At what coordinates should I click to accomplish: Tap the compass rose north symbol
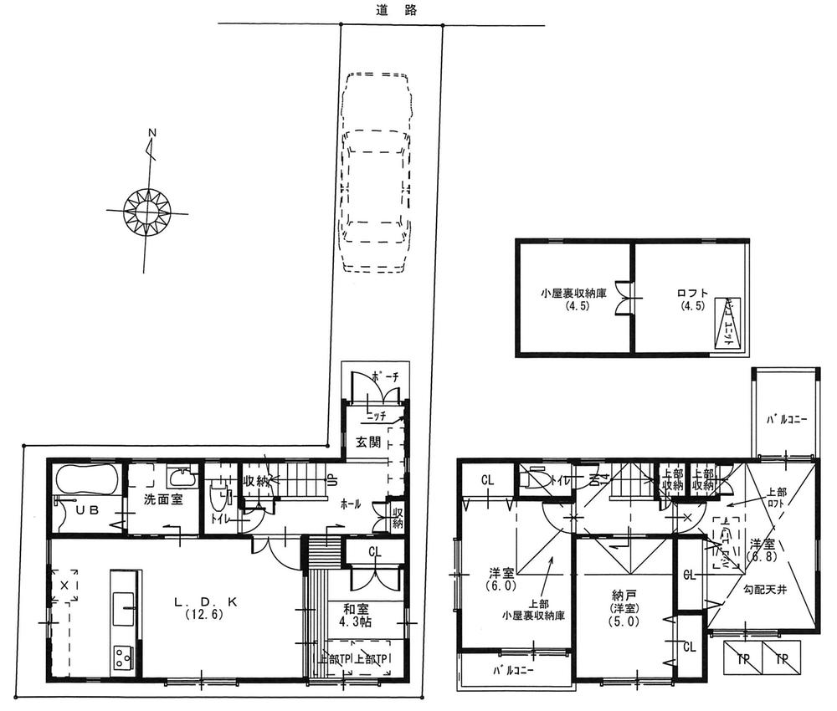tap(147, 206)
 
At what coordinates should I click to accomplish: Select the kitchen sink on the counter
tap(122, 600)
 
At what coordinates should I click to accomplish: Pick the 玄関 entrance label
tap(362, 441)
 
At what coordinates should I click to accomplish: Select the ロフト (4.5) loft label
tap(692, 299)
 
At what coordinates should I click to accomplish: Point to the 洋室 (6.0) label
tap(502, 580)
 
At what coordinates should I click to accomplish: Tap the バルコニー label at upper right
tap(786, 420)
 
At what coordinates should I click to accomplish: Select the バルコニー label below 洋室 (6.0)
tap(514, 670)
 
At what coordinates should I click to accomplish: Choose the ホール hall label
tap(352, 504)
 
